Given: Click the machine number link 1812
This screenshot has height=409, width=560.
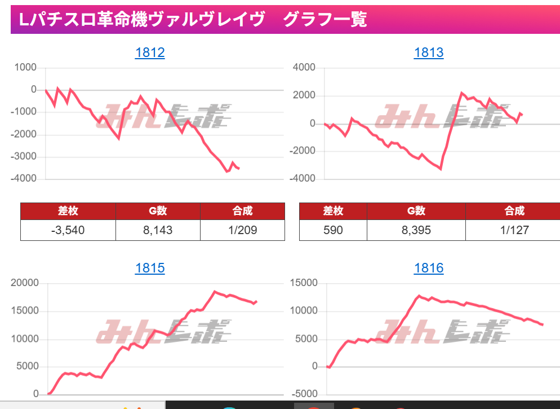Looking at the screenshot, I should [150, 53].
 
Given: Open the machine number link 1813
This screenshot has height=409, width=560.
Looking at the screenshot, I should [429, 53].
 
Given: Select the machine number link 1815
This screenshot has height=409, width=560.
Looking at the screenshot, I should [150, 268].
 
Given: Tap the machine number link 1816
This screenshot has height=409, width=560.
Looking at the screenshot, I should [429, 268].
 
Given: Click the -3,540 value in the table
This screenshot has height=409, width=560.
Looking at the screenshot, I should [68, 230].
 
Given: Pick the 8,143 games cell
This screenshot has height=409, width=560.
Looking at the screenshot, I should [158, 230].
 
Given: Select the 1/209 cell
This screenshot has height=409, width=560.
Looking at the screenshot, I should [242, 230].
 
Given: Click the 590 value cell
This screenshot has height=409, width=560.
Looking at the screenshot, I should [333, 230].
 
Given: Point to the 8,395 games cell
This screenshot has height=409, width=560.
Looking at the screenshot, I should [416, 230].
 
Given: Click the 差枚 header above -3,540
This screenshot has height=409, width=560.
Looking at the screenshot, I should [68, 211].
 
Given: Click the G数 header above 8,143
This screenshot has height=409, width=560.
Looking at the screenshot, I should [158, 211].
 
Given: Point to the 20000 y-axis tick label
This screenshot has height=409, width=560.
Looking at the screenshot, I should [25, 283].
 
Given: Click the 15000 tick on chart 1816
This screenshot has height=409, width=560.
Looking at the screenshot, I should [304, 283].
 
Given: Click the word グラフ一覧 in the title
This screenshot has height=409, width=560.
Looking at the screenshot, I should [325, 20].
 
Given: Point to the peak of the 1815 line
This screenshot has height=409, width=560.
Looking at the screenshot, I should [215, 292].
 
